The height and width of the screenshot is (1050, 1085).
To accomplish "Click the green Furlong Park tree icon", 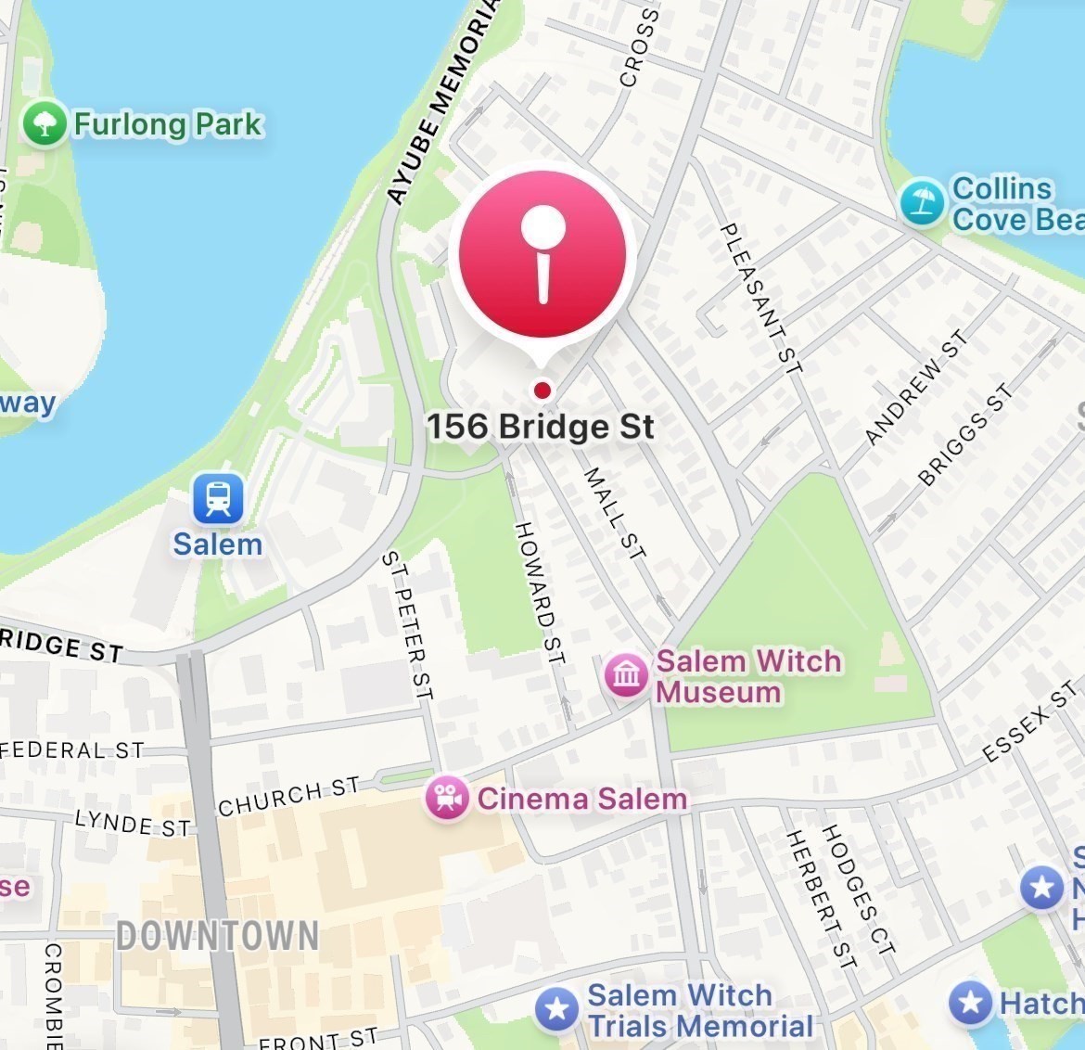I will (x=45, y=123).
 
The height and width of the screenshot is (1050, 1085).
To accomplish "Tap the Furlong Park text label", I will (x=168, y=124).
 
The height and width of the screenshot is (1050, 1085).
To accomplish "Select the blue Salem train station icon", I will (x=218, y=498).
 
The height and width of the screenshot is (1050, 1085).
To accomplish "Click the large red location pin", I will (x=542, y=256).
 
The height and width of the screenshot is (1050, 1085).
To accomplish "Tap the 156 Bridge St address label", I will (x=541, y=427).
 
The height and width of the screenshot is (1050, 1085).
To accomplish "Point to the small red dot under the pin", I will (x=542, y=390).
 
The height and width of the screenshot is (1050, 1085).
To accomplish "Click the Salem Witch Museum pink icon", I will (x=626, y=674).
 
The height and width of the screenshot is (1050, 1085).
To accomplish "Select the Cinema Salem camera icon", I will (x=447, y=798).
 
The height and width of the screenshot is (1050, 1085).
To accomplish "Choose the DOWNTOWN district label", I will (x=218, y=935).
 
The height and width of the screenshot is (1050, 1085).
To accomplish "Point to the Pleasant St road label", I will (x=761, y=297).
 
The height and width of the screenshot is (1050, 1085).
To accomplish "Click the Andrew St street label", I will (x=915, y=387).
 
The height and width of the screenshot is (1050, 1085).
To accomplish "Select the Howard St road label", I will (x=540, y=593).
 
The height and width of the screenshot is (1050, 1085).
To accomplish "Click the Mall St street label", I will (x=614, y=513).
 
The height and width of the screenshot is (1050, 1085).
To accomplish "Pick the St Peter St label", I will (x=408, y=624).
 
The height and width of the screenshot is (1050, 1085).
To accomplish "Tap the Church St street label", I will (x=288, y=797).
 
